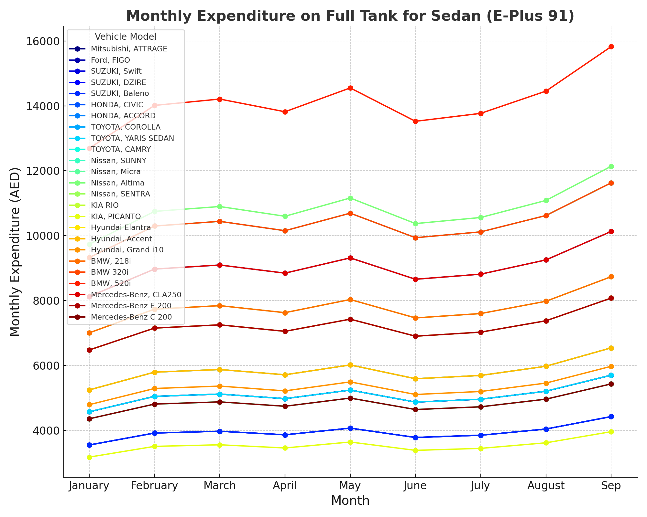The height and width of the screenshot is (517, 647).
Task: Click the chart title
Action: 350,16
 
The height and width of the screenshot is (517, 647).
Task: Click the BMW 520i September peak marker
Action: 611,47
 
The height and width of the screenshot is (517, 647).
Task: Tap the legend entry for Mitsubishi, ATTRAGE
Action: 129,49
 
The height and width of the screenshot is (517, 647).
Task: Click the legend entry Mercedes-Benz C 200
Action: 131,317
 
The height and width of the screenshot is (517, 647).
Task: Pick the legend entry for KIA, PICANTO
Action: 116,216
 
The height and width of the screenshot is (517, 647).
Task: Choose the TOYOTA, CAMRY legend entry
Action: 121,149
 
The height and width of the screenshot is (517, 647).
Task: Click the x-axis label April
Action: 285,486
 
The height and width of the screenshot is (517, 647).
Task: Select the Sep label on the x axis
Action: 611,486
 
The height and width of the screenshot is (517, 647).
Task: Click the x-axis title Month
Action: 350,501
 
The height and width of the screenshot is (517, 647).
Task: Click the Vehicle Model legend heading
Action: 126,37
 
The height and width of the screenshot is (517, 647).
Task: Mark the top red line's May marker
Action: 350,88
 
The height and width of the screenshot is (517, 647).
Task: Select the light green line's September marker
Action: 611,167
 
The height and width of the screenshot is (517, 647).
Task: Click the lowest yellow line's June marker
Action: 415,450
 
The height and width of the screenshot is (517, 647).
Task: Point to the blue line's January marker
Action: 89,445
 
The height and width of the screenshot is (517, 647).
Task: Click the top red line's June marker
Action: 415,121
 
